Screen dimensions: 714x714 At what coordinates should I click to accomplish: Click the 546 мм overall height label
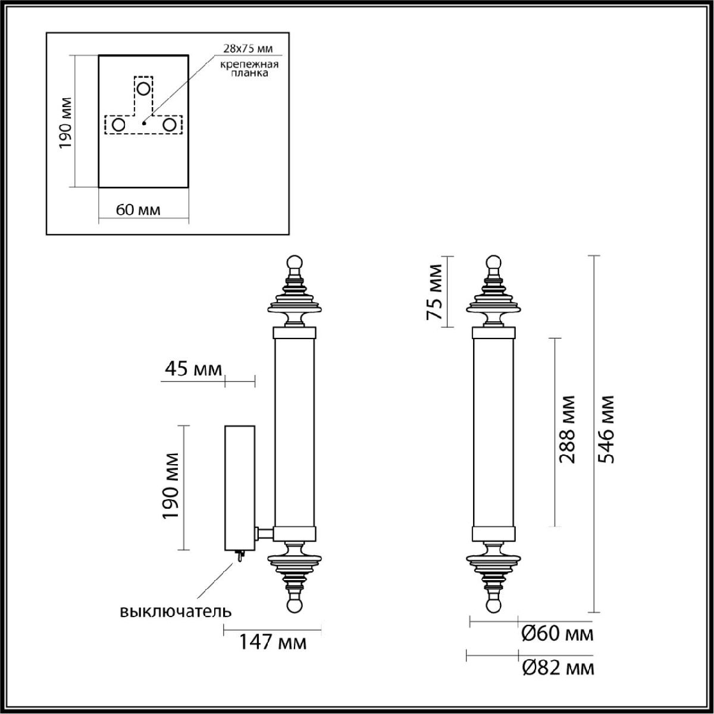(607, 428)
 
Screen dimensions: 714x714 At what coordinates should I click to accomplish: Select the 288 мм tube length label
(566, 429)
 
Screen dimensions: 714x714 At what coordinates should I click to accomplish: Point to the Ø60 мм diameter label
(557, 634)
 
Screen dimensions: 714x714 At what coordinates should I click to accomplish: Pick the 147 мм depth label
(273, 643)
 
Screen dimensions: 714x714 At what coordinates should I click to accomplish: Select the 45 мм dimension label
(192, 369)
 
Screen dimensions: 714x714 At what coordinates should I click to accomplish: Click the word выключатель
(175, 611)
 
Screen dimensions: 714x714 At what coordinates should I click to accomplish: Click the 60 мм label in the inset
(137, 209)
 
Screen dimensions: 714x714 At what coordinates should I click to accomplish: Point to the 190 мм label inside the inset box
(67, 122)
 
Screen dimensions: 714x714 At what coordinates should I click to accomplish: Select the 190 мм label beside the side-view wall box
(171, 486)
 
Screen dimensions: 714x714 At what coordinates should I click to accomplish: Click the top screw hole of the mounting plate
(143, 89)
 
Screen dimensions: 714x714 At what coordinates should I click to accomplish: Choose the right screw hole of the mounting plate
(170, 125)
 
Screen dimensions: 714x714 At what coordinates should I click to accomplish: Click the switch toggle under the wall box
(239, 557)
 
